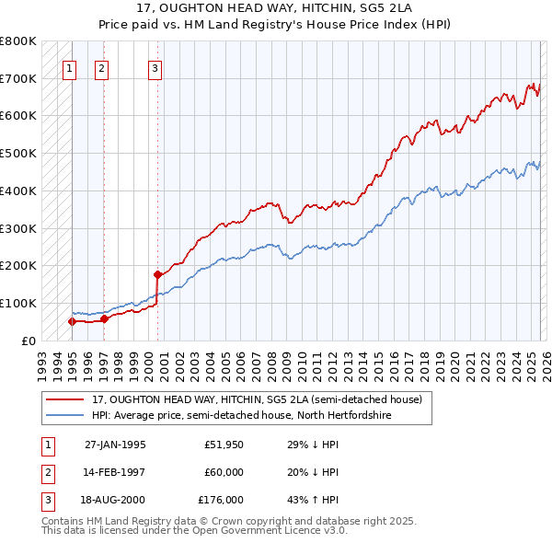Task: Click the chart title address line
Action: click(276, 8)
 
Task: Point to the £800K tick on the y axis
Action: click(18, 41)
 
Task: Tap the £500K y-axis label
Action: click(18, 154)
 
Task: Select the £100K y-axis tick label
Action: click(18, 303)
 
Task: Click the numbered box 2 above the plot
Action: click(101, 67)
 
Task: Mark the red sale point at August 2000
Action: click(157, 274)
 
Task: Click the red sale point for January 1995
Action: click(72, 321)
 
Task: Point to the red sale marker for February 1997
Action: click(104, 318)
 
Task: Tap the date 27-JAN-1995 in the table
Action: click(115, 445)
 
